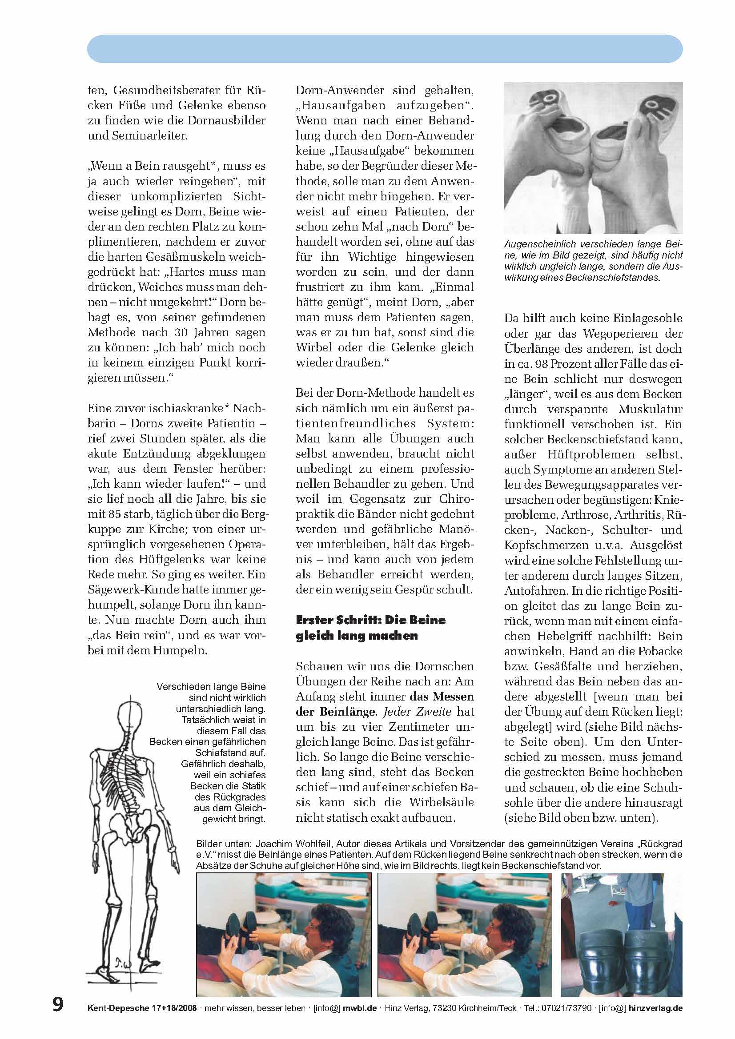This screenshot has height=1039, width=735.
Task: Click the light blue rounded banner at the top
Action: pyautogui.click(x=385, y=49)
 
